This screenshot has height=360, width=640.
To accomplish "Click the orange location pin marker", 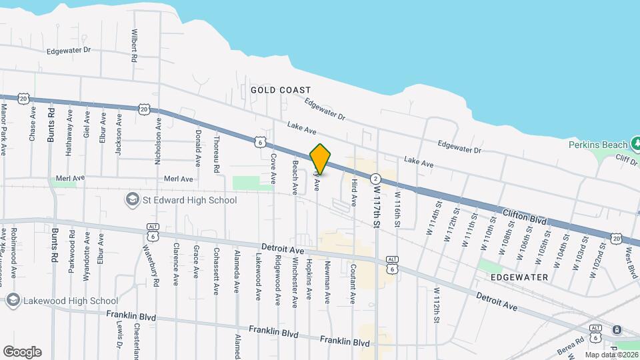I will click(321, 159).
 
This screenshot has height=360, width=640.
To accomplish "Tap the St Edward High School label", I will click(189, 200).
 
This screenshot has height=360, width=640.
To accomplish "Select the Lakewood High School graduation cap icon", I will click(13, 301).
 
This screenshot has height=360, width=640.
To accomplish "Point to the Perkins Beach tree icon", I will click(635, 144).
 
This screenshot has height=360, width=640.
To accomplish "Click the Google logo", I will click(22, 352).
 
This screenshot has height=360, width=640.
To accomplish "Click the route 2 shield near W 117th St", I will click(376, 179).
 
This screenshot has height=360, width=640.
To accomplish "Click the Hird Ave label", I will click(353, 189).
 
